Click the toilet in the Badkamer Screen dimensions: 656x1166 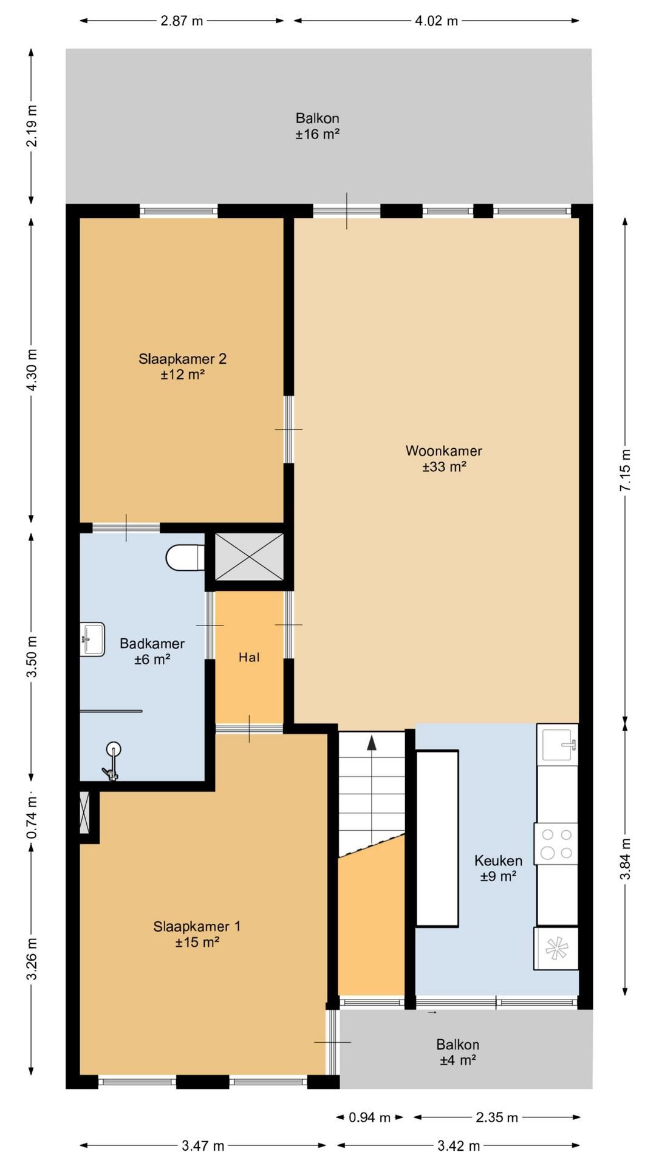click(x=185, y=557)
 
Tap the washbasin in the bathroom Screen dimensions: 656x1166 click(x=92, y=639)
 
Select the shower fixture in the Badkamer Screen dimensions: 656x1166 click(x=112, y=760)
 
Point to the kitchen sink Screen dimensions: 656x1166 click(x=558, y=743)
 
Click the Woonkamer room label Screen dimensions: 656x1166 click(x=444, y=459)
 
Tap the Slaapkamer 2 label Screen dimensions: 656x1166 click(x=182, y=366)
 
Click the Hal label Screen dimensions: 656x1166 click(x=249, y=657)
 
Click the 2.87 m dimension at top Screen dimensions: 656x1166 click(x=182, y=21)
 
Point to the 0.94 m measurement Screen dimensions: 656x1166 click(x=369, y=1117)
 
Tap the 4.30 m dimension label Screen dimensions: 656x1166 click(x=32, y=370)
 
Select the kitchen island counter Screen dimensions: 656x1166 click(x=437, y=839)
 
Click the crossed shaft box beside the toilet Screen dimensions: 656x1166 click(x=250, y=556)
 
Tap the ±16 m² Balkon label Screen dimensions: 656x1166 click(x=317, y=126)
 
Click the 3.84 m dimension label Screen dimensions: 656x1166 click(x=626, y=859)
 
